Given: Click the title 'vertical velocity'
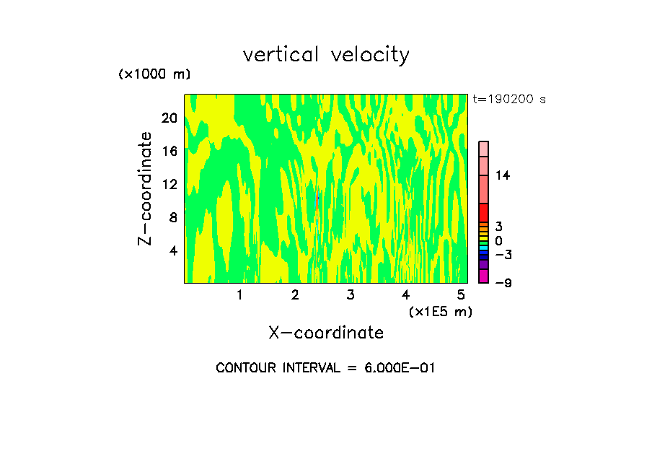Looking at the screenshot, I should pos(326,55).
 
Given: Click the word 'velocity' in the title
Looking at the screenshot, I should pos(369,55).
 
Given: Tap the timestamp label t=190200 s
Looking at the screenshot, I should pos(508,100).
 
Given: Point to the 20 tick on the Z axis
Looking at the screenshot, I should pos(169,118).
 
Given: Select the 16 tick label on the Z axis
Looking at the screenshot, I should pos(169,151).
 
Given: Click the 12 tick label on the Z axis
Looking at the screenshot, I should pos(169,184).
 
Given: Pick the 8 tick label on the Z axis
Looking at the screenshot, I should pos(172,217).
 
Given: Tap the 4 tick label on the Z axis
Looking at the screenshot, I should pos(172,250).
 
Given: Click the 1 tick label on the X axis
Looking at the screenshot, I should pos(239,294).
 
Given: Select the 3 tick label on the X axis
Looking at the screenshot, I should pos(351,294).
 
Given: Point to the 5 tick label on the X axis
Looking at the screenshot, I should pos(461,294).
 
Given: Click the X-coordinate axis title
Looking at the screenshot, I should pos(326,333).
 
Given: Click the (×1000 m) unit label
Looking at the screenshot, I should pos(154,75).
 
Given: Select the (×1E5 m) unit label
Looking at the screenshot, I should pos(440,312).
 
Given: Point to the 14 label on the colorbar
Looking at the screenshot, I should pos(503,175).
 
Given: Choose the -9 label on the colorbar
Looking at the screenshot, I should pos(503,283).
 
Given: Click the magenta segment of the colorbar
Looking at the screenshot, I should pos(483,276).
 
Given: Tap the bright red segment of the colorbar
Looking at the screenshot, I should pos(483,213).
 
